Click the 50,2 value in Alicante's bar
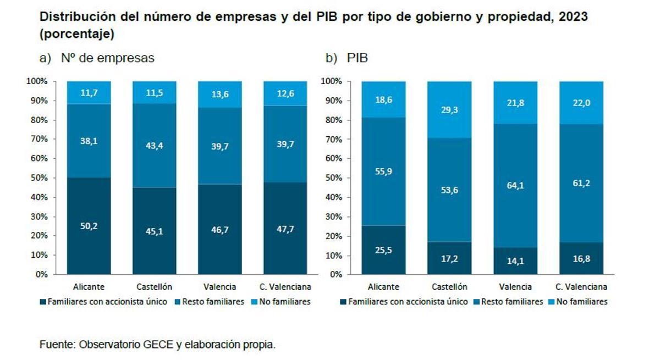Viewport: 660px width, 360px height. pyautogui.click(x=89, y=226)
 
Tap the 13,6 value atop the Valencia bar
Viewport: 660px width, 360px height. pyautogui.click(x=220, y=95)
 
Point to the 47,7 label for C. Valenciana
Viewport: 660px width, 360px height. pyautogui.click(x=285, y=228)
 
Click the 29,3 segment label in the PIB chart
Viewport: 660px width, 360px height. pyautogui.click(x=449, y=110)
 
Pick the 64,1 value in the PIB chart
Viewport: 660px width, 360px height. pyautogui.click(x=515, y=185)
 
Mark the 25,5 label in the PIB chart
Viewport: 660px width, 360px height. pyautogui.click(x=383, y=250)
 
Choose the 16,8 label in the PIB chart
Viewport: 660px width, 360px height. pyautogui.click(x=581, y=258)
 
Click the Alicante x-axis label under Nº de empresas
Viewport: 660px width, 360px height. pyautogui.click(x=89, y=286)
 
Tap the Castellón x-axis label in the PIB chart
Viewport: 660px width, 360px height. pyautogui.click(x=449, y=286)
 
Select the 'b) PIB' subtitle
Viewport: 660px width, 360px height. pyautogui.click(x=346, y=58)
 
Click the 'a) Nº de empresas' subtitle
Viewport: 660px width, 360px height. pyautogui.click(x=97, y=58)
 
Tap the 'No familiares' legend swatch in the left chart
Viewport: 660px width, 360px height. pyautogui.click(x=254, y=302)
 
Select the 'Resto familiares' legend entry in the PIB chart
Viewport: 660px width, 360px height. pyautogui.click(x=510, y=302)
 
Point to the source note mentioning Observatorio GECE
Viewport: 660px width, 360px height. pyautogui.click(x=157, y=345)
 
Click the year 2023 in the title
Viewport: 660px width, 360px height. pyautogui.click(x=572, y=17)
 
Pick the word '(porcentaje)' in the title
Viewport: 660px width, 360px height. pyautogui.click(x=76, y=34)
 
